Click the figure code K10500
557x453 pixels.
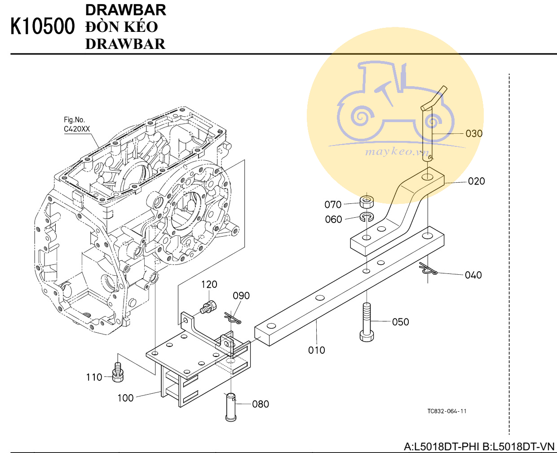43,26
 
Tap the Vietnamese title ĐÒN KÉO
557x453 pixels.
122,26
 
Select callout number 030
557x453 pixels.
474,134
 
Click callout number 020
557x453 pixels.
477,181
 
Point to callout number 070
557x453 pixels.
333,204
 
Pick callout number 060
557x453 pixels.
333,219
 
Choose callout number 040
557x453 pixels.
473,275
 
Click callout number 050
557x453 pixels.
400,322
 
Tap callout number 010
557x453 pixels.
316,350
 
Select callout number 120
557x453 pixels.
209,284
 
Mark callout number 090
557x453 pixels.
241,295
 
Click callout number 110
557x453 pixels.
94,377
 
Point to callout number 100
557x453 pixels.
125,398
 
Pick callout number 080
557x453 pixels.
261,404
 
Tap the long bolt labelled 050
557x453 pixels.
367,322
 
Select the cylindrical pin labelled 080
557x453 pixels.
230,407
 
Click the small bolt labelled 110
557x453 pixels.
118,373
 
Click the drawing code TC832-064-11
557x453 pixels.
447,411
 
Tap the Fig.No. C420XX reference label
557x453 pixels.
77,124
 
